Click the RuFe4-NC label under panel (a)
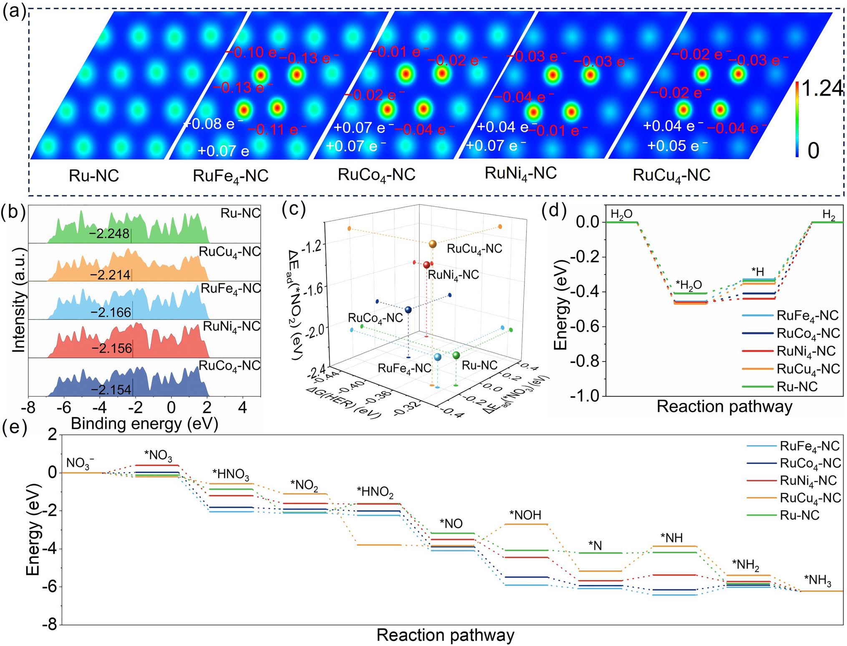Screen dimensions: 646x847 [x=230, y=176]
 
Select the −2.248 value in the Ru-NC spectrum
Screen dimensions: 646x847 [x=109, y=233]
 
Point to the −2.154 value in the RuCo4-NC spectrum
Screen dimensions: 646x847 [x=111, y=390]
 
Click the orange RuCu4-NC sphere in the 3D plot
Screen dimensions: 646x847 [x=433, y=244]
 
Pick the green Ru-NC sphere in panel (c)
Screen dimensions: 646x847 [x=456, y=355]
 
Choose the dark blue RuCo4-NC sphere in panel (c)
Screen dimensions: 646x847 [x=408, y=309]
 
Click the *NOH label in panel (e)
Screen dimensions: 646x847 [x=525, y=515]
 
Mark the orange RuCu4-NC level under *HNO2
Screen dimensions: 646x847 [x=379, y=545]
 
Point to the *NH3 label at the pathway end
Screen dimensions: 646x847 [x=817, y=580]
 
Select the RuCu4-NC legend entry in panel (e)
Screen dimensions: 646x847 [x=810, y=498]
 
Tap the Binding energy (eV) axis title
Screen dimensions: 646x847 [x=144, y=423]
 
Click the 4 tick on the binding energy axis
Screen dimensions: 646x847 [x=242, y=407]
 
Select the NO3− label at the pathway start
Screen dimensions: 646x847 [x=80, y=463]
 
